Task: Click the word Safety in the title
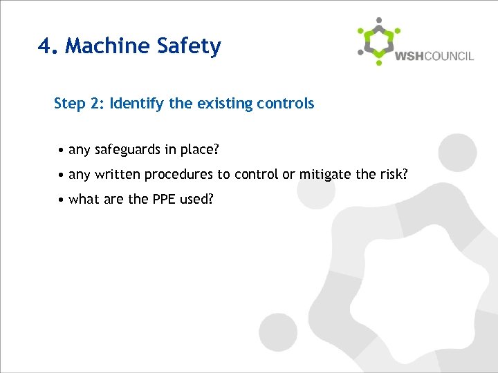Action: click(x=189, y=46)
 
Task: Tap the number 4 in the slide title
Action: click(x=46, y=46)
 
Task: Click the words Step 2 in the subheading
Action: click(x=78, y=104)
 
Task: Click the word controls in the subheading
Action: click(x=286, y=104)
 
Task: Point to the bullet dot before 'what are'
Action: click(x=62, y=200)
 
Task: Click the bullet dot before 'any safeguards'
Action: click(x=62, y=150)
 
